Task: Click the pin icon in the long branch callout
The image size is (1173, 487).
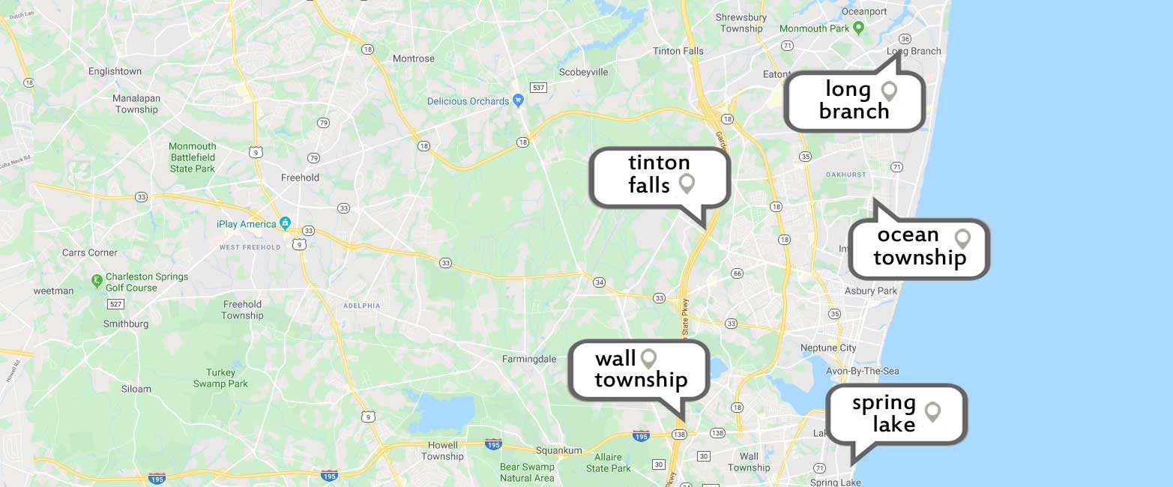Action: [x=889, y=91]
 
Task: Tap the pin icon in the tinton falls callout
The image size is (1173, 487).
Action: [x=687, y=184]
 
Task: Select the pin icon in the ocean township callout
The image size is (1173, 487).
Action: [x=962, y=239]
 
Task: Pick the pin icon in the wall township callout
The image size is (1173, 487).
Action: [x=648, y=359]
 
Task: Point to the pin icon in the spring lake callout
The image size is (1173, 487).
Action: [x=932, y=411]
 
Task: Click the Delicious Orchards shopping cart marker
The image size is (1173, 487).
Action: [x=518, y=100]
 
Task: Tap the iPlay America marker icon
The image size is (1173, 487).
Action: [x=285, y=223]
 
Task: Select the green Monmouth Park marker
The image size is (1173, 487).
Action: [x=860, y=28]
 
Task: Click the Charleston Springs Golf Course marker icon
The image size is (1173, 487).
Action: [x=97, y=281]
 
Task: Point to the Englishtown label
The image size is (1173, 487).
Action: [x=115, y=71]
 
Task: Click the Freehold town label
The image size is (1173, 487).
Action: [x=300, y=178]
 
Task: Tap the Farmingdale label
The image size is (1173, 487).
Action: [x=529, y=359]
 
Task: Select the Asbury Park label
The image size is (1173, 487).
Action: [x=870, y=291]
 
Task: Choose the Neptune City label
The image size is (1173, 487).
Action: [x=828, y=348]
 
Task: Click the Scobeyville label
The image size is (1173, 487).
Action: [x=584, y=72]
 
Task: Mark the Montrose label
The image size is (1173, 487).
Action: [x=414, y=58]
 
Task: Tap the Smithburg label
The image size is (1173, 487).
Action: [x=126, y=324]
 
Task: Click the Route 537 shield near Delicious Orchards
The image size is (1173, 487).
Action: [x=538, y=88]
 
